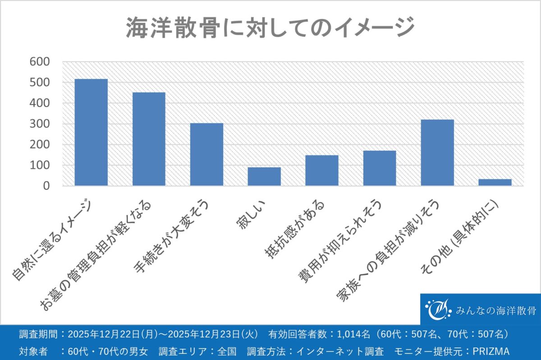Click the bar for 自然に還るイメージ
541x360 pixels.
click(x=91, y=132)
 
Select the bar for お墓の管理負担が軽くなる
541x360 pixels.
click(x=149, y=139)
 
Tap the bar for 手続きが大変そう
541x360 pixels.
click(x=206, y=154)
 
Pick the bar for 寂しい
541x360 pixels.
click(x=264, y=176)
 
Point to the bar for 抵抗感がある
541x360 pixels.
click(x=322, y=170)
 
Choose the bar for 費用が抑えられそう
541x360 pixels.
click(x=380, y=168)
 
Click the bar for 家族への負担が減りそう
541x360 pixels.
click(x=437, y=152)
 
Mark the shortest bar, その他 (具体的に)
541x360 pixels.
click(x=495, y=182)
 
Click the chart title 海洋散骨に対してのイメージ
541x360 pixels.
click(x=270, y=28)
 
